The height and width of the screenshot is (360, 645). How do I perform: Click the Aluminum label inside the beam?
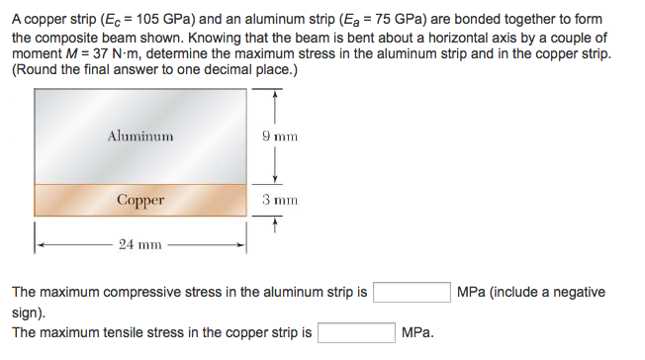(x=140, y=135)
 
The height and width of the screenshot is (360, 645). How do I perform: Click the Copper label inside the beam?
(x=140, y=200)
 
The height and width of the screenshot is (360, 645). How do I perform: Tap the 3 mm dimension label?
(x=280, y=200)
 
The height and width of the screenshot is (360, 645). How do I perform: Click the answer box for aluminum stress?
(x=412, y=293)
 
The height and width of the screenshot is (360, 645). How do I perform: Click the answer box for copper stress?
(x=355, y=333)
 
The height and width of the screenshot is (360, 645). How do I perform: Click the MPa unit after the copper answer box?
(x=417, y=333)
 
